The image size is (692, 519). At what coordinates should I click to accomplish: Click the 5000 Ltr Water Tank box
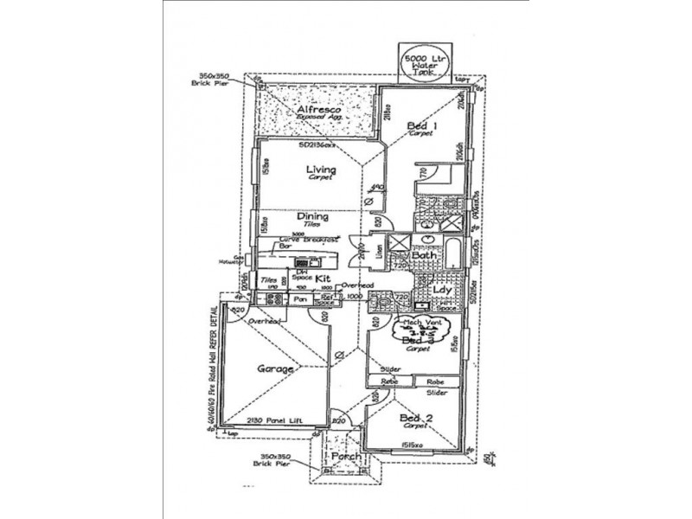pos(422,64)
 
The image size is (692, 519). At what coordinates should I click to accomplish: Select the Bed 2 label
pos(416,419)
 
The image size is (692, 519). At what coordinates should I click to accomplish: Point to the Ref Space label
pos(324,300)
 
